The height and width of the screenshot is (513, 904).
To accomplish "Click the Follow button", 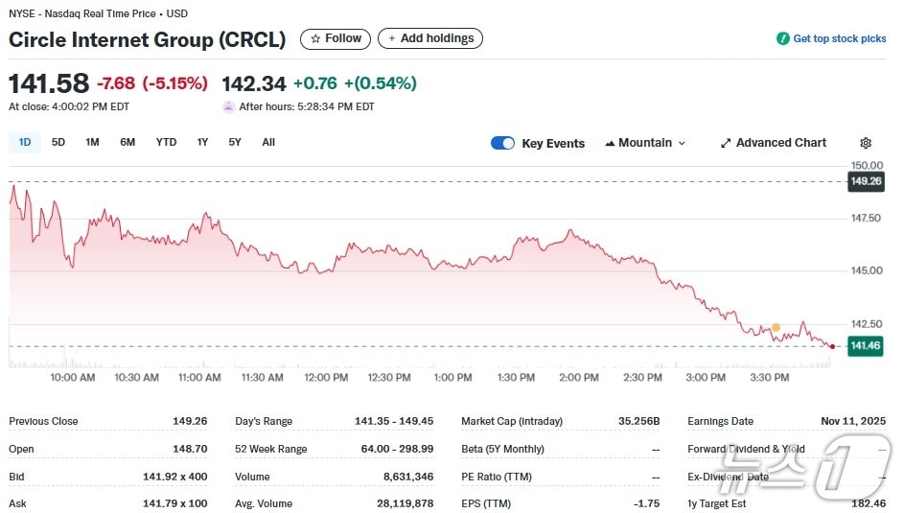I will pos(336,38).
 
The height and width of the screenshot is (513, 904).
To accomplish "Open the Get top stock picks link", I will pos(832,39).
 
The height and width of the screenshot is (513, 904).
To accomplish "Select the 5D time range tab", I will pos(58,143).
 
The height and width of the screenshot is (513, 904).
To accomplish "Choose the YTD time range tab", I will pos(166,143).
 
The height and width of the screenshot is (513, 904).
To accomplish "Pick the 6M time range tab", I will pos(127,143).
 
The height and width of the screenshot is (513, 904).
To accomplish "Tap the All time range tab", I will pos(268,143).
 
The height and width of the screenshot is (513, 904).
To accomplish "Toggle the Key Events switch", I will pos(502,143).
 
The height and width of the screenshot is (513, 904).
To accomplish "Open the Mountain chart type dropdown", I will pos(645,143).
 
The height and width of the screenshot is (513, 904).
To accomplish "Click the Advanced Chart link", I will pos(773,143).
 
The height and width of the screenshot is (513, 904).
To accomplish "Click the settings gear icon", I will pos(866,143).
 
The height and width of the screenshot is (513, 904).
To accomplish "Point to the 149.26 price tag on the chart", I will pos(866,181).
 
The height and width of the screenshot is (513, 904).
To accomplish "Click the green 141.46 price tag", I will pos(866,346).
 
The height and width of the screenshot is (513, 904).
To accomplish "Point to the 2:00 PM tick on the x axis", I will pos(579,378).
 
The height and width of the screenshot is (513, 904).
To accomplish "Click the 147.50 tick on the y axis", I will pos(866,219).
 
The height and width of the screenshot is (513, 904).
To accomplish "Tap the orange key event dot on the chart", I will pos(776,328).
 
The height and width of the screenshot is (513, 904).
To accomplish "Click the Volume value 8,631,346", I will pos(406,477).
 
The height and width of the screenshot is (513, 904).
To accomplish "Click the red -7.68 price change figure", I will pos(116,83).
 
